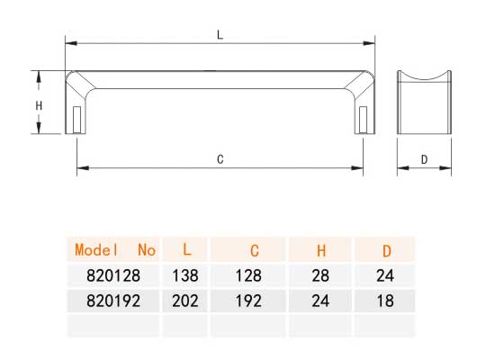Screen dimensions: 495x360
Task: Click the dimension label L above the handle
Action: point(220,35)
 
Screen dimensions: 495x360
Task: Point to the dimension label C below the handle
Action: point(220,159)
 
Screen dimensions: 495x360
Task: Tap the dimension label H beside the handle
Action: point(39,105)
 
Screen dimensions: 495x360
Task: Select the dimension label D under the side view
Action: point(424,160)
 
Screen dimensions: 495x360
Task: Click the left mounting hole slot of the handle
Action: point(76,119)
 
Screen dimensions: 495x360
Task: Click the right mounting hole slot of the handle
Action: point(363,119)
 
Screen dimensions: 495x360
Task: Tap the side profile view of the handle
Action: point(424,102)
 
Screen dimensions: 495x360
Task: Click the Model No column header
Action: point(115,250)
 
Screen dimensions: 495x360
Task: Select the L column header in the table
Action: point(187,249)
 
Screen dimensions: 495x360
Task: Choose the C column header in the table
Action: point(255,251)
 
